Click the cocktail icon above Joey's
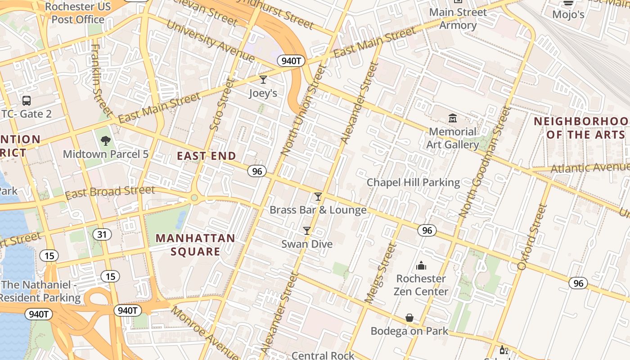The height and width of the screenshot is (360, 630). pyautogui.click(x=263, y=80)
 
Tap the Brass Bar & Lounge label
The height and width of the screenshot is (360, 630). pyautogui.click(x=318, y=210)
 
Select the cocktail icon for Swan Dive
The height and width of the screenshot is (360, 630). pyautogui.click(x=307, y=231)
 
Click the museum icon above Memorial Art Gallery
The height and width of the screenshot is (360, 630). pyautogui.click(x=453, y=118)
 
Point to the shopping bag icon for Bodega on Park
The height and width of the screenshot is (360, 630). pyautogui.click(x=409, y=318)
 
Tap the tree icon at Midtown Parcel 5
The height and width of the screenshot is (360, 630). pyautogui.click(x=106, y=141)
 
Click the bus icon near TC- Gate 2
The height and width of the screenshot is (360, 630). pyautogui.click(x=27, y=101)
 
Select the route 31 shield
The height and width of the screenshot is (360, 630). pyautogui.click(x=103, y=234)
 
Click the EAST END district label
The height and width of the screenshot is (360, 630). pyautogui.click(x=206, y=156)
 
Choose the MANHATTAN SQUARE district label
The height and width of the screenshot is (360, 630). pyautogui.click(x=195, y=245)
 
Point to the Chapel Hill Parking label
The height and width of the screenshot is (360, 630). pyautogui.click(x=413, y=182)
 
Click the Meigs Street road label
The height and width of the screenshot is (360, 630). pyautogui.click(x=380, y=273)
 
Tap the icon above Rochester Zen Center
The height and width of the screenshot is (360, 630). pyautogui.click(x=421, y=265)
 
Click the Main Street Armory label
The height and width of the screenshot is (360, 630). pyautogui.click(x=458, y=18)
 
